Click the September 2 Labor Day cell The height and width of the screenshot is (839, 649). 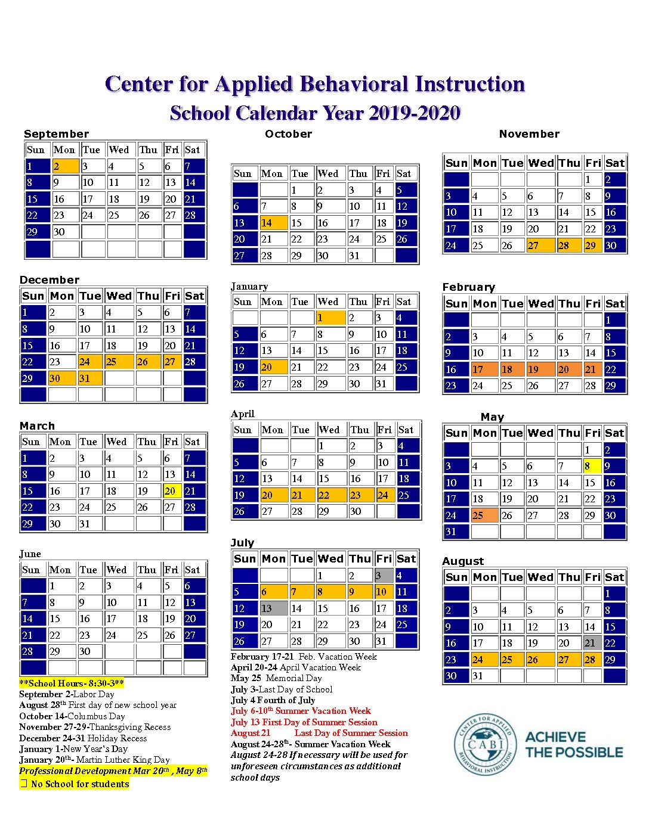tap(65, 166)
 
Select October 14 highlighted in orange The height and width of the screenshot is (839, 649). tap(273, 223)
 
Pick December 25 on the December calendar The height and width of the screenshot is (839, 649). tap(119, 362)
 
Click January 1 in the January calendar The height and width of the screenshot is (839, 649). tap(330, 318)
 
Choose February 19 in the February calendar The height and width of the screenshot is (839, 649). tap(540, 369)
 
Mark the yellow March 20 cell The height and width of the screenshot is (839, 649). tap(172, 491)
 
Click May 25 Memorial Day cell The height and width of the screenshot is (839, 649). tap(484, 515)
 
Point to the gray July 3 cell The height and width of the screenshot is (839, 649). tap(384, 576)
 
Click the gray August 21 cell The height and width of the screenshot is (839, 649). tap(592, 644)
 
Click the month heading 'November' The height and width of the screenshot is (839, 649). tap(529, 134)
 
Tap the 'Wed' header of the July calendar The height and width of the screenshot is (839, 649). tap(330, 559)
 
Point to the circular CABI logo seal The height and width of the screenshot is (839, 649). tap(484, 744)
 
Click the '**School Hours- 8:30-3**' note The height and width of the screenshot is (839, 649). tap(72, 683)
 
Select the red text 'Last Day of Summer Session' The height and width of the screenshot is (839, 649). tap(351, 733)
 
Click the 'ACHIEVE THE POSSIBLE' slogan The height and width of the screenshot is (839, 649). tap(574, 744)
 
